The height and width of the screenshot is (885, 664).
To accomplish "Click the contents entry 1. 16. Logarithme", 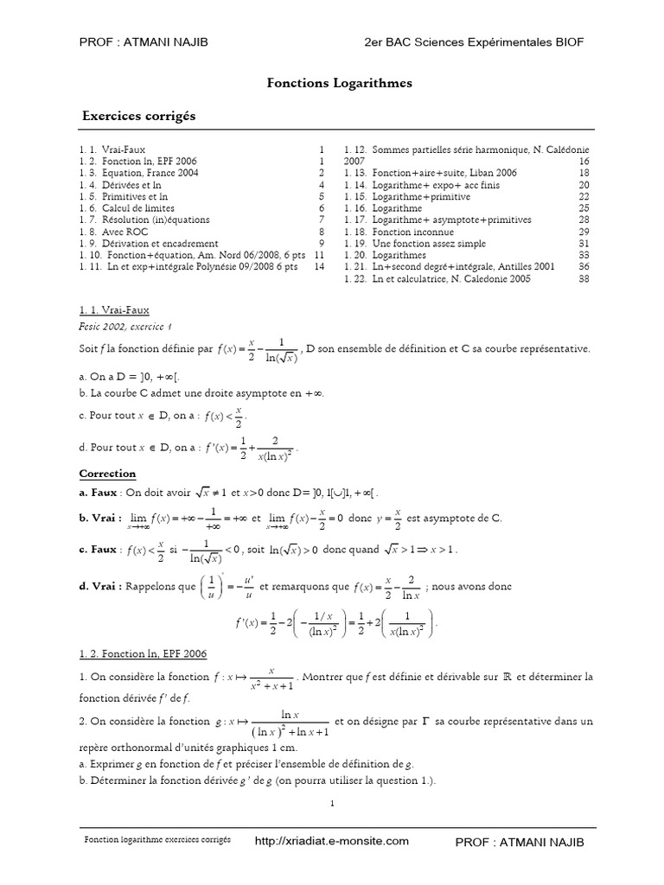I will tap(383, 208).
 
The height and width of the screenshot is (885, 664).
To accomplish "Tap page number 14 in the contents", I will tap(319, 267).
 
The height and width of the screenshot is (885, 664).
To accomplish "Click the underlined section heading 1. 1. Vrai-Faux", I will tap(115, 309).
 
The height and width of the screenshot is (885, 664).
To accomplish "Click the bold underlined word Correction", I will tap(107, 474).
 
